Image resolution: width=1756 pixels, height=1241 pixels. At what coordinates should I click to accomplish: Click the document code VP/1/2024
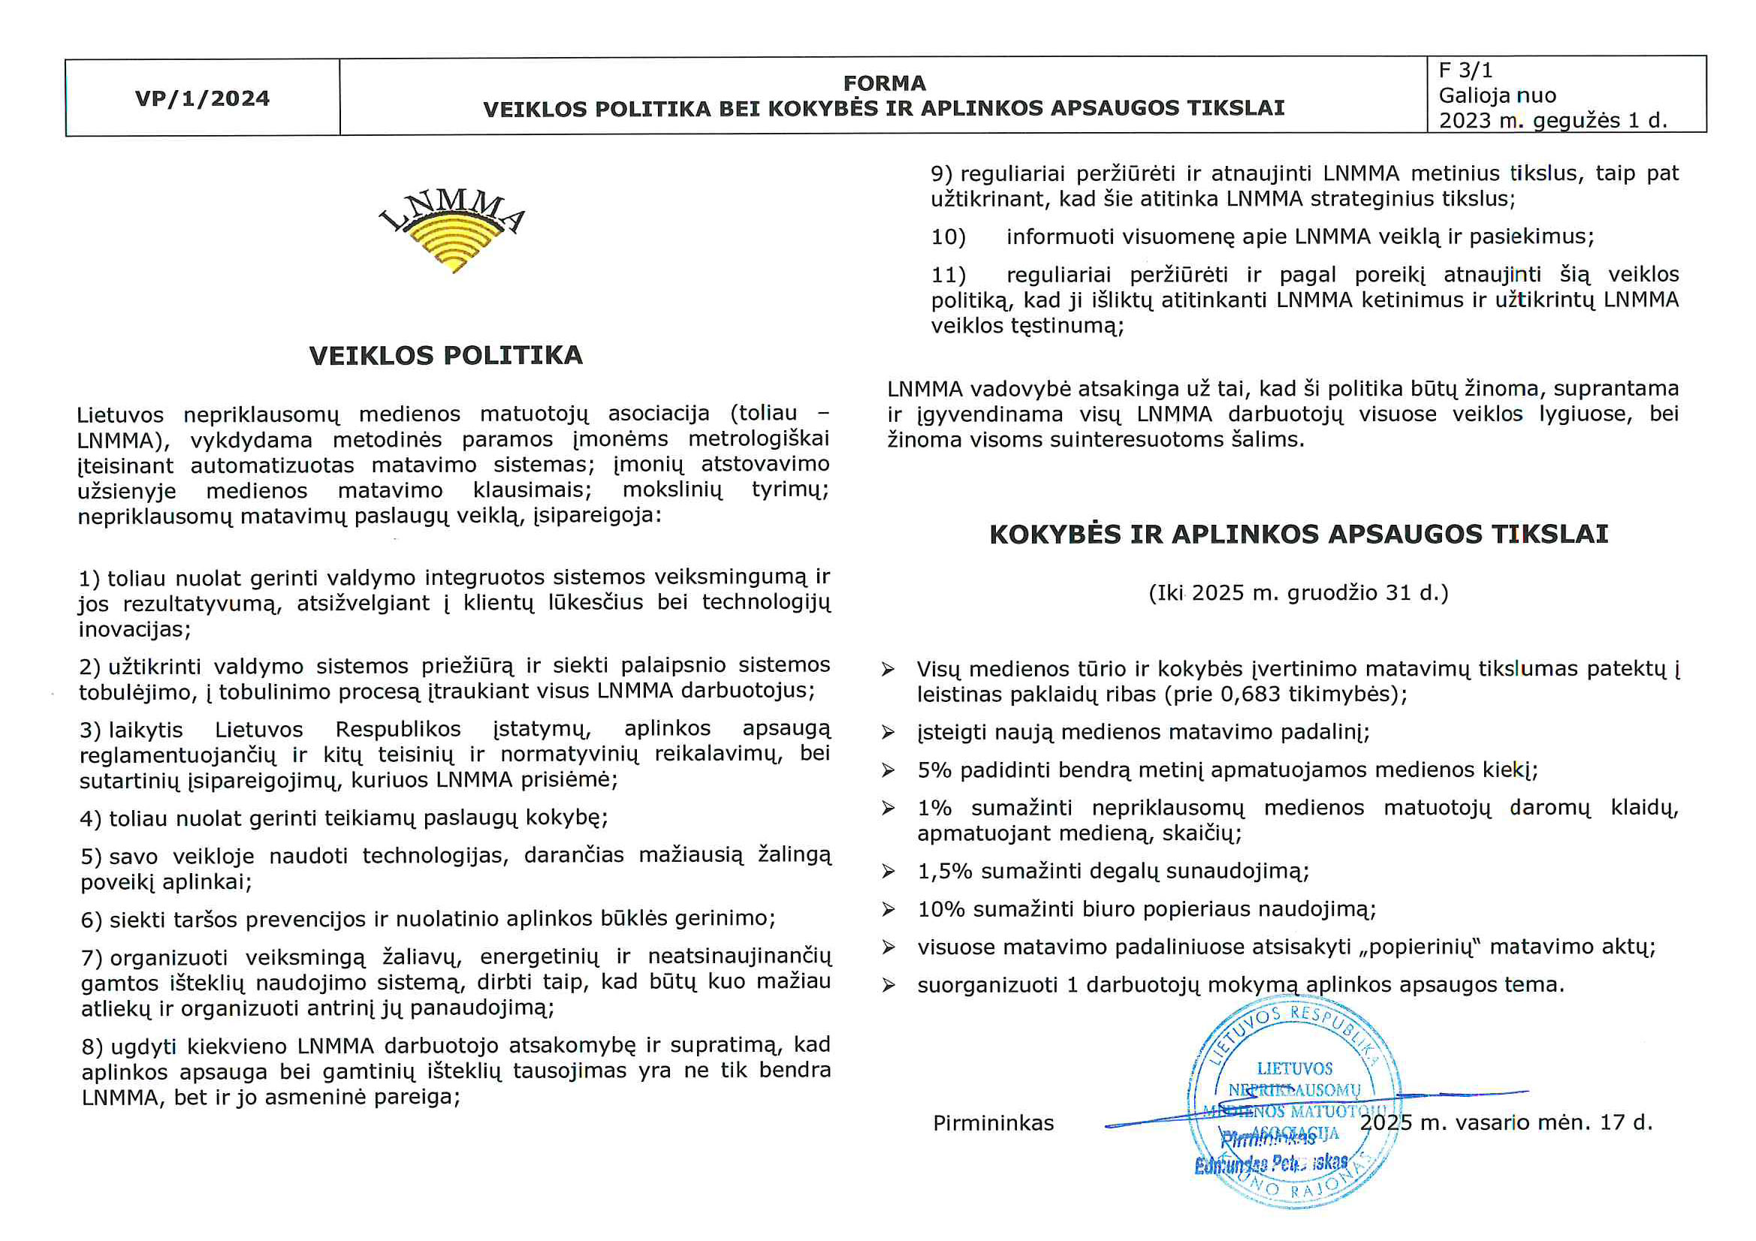coord(202,98)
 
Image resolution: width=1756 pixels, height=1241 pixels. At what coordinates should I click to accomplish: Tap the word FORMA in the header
coord(884,83)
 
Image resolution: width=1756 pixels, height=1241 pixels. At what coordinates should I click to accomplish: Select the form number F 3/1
coord(1465,71)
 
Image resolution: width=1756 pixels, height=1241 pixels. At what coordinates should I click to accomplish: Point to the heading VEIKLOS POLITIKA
coord(446,356)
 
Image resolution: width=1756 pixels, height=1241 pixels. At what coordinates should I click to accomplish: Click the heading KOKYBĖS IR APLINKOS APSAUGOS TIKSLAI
coord(1299,534)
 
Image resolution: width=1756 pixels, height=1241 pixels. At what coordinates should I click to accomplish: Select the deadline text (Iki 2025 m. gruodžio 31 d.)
coord(1299,592)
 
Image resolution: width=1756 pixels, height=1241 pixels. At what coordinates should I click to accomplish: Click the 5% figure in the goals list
coord(934,770)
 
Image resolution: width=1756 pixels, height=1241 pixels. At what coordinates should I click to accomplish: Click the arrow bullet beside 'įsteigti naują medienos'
coord(888,733)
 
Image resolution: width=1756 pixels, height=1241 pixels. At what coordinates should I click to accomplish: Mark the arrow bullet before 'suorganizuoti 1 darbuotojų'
coord(888,985)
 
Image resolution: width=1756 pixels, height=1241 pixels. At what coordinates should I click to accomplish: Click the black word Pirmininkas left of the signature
coord(993,1122)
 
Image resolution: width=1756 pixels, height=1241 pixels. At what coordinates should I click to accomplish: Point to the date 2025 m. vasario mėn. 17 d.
coord(1506,1122)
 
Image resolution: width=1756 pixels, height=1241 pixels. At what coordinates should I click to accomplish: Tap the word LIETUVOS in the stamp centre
coord(1294,1068)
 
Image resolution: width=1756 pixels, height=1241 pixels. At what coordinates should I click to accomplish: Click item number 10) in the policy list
coord(949,237)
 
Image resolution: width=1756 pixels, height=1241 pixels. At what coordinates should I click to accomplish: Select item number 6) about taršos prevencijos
coord(91,920)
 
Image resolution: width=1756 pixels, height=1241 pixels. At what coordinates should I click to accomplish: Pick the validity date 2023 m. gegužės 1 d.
coord(1552,121)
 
